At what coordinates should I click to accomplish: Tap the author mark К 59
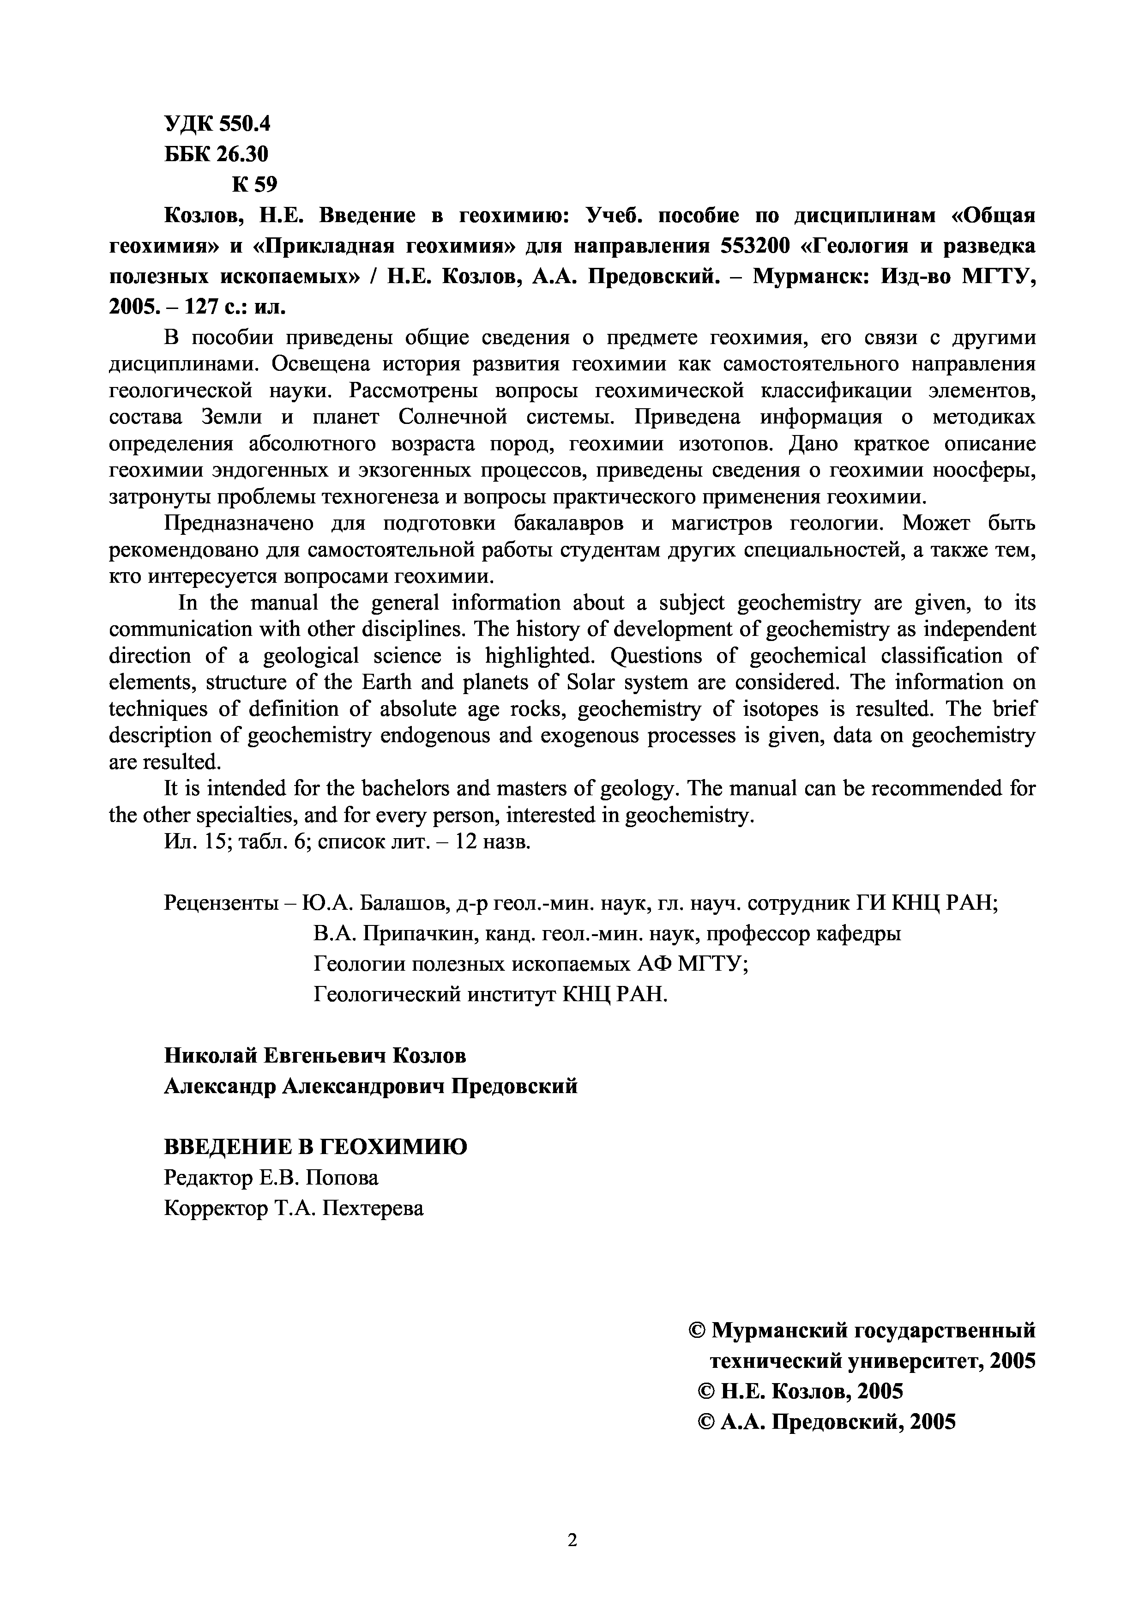coord(255,184)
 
